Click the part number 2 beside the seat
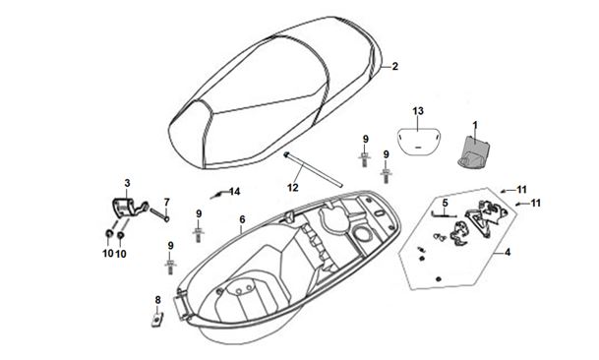[395, 66]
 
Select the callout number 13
[418, 111]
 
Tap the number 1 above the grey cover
[475, 125]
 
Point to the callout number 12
[293, 188]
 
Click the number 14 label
[234, 192]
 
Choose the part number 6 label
[242, 219]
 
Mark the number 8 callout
[157, 300]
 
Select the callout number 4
[508, 252]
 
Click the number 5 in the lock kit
[445, 203]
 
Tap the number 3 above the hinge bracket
[127, 183]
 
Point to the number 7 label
[166, 202]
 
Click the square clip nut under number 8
[157, 319]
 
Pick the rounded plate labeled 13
[418, 142]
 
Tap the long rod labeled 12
[313, 170]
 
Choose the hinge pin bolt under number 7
[159, 214]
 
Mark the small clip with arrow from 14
[216, 196]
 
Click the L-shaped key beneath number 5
[444, 215]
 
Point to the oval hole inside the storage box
[362, 233]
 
